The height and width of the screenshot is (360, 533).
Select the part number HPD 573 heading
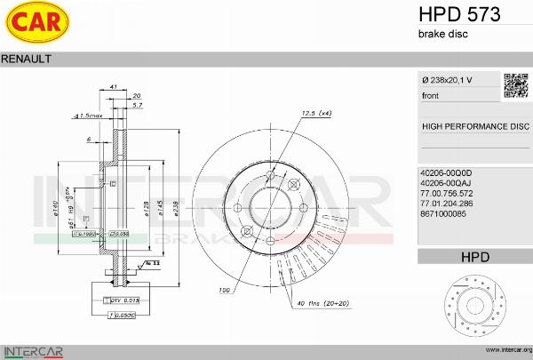[458, 14]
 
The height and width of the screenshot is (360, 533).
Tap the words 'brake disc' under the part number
[442, 34]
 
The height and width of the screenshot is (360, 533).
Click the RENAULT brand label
[26, 58]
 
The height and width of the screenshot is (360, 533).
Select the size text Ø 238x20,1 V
[447, 80]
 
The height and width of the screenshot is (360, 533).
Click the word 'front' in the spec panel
[431, 95]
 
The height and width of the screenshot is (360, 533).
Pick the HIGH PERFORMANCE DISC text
[474, 126]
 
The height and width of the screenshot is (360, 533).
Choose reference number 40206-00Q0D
[445, 172]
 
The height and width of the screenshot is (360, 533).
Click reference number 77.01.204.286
[447, 203]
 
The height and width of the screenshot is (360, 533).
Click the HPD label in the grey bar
[474, 257]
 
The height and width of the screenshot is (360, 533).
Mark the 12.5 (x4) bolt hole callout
[316, 113]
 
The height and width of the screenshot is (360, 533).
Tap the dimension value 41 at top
[114, 85]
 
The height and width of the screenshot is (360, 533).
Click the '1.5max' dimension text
[91, 116]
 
